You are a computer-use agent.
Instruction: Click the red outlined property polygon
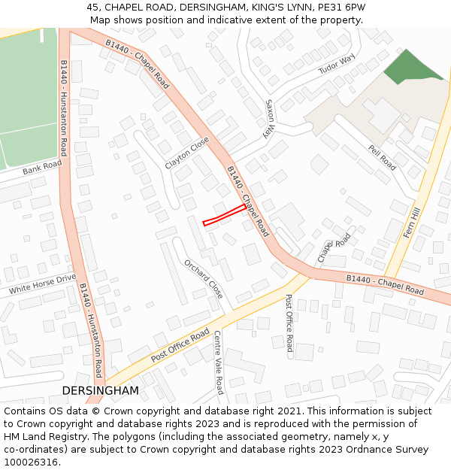[224, 214]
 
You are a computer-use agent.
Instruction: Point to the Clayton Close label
[186, 153]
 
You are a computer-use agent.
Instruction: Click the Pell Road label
[382, 158]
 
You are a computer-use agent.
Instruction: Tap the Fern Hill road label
[413, 223]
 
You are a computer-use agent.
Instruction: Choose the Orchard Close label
[204, 279]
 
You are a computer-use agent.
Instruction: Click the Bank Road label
[41, 168]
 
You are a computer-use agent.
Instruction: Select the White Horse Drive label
[43, 284]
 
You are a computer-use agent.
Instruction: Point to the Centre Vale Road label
[218, 362]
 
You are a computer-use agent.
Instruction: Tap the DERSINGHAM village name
[100, 391]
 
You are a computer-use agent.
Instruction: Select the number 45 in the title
[93, 7]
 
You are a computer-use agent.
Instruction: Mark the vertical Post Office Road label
[289, 323]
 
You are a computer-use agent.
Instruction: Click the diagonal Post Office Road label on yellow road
[180, 345]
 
